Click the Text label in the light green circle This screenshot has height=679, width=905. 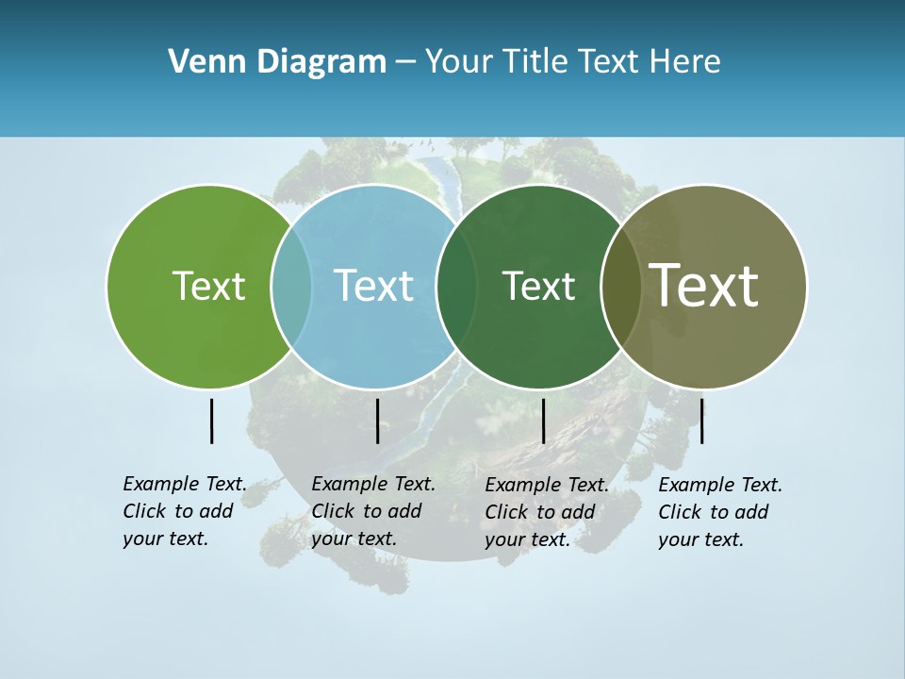[x=208, y=286]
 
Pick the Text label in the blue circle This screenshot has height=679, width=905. [x=373, y=286]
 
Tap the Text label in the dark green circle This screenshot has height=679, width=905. [x=538, y=286]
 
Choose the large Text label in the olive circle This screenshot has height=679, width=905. [x=704, y=286]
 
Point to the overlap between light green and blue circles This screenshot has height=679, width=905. [x=291, y=287]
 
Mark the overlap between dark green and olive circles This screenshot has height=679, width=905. [x=620, y=287]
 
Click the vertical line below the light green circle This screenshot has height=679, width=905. [x=211, y=421]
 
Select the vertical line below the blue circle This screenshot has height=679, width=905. [x=377, y=421]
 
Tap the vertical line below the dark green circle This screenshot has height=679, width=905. [x=543, y=421]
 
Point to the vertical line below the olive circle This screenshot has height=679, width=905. [x=701, y=421]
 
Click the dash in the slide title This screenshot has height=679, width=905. [x=405, y=63]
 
